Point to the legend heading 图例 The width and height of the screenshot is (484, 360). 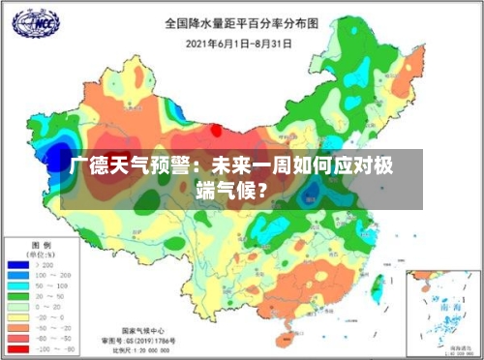pos(41,244)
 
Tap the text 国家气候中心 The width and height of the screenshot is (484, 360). pos(146,330)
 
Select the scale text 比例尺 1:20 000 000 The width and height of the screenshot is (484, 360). pos(146,350)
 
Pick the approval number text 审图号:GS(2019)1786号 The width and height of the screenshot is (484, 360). pos(146,341)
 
